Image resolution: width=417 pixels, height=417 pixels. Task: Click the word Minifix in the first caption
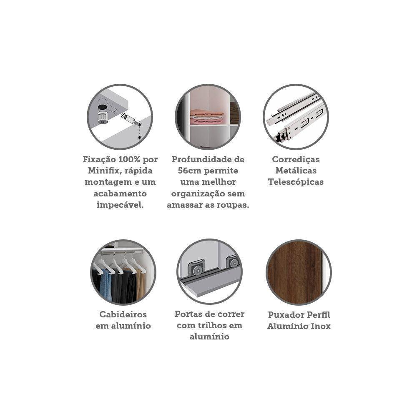103,171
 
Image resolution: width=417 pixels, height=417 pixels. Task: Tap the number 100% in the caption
130,159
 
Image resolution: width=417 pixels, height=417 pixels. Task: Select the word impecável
120,205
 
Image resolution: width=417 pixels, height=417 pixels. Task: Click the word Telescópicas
296,182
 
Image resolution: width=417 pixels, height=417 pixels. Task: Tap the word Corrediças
296,159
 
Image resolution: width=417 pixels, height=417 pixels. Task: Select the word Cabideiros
123,314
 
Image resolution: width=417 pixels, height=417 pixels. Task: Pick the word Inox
321,326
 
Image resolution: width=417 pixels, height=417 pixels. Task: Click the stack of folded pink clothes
207,116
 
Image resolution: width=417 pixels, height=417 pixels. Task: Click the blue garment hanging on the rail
106,285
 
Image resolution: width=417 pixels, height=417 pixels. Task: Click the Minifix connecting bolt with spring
131,120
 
